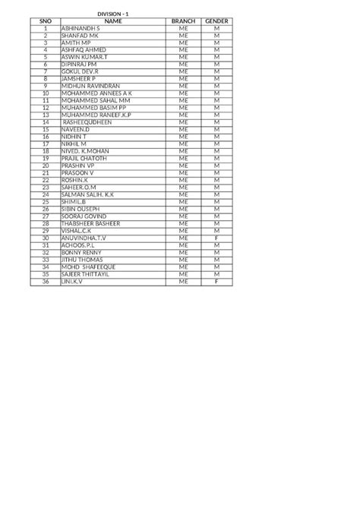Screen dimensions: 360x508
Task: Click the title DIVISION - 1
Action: (x=116, y=14)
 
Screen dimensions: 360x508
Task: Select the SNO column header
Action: (x=46, y=21)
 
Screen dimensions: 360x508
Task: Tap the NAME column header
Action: (x=113, y=21)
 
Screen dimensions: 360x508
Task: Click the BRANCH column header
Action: (x=183, y=21)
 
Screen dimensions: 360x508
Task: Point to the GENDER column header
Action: (x=216, y=21)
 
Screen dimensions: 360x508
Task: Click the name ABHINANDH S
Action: (x=80, y=28)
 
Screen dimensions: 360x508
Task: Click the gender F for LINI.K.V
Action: (x=216, y=281)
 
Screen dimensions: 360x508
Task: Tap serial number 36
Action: (x=46, y=281)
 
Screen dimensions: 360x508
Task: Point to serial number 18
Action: (x=46, y=150)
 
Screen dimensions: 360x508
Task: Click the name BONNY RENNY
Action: (x=81, y=251)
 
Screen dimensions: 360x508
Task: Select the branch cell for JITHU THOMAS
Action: (x=183, y=259)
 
